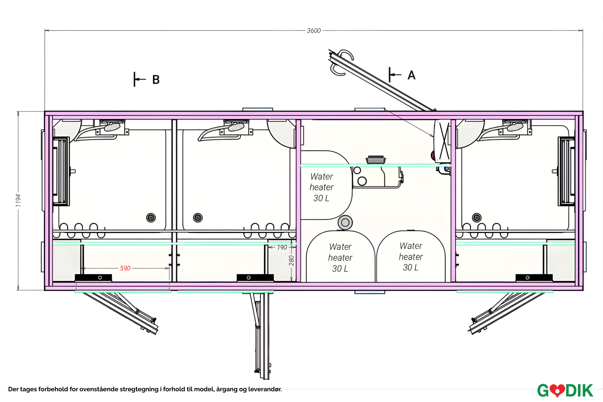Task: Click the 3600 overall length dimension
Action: point(314,30)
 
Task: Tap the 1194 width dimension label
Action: point(18,200)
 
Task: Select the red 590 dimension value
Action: point(125,268)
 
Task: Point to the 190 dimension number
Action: point(282,247)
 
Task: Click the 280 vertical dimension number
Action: point(291,260)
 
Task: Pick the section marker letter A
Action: point(411,75)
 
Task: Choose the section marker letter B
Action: point(156,80)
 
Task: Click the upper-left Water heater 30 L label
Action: point(322,187)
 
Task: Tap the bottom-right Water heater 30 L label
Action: point(411,257)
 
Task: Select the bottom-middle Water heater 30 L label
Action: point(340,258)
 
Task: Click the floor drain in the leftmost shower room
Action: point(151,218)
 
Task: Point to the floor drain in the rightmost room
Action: point(477,218)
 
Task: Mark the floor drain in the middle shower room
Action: point(198,218)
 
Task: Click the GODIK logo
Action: point(565,391)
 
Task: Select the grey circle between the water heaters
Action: point(345,222)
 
